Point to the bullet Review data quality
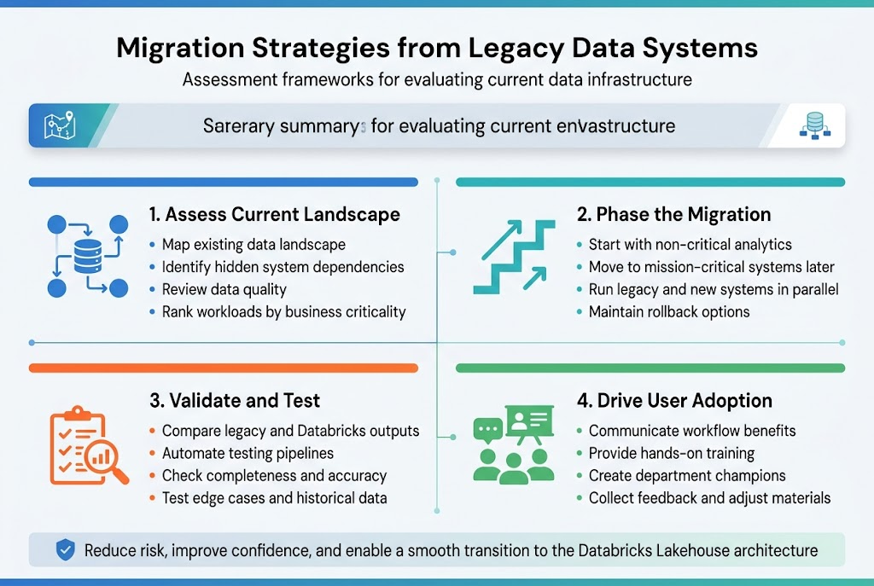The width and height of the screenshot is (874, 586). click(x=224, y=289)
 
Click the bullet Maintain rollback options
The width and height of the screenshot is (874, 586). click(x=668, y=311)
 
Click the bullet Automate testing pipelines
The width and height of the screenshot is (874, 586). click(x=248, y=453)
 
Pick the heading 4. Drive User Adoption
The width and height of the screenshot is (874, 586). click(x=674, y=400)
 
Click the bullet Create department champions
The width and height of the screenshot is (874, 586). click(x=687, y=475)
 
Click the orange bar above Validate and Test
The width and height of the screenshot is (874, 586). click(x=223, y=368)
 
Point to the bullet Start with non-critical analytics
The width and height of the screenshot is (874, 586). click(x=690, y=245)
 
